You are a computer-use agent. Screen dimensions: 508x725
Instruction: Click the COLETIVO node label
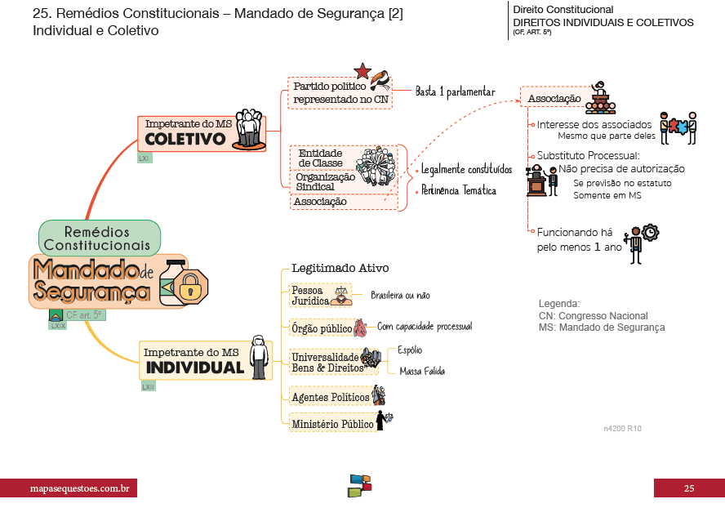click(185, 139)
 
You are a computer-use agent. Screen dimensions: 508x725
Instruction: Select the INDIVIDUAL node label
click(194, 368)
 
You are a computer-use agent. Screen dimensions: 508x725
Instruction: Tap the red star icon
click(363, 71)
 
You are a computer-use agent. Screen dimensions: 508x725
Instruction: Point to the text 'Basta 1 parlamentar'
click(455, 91)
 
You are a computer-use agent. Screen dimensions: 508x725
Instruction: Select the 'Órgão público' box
click(322, 328)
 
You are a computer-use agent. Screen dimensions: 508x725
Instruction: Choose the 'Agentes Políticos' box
click(330, 397)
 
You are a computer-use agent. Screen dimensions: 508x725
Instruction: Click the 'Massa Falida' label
click(422, 372)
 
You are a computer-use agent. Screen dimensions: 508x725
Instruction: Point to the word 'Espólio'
click(410, 350)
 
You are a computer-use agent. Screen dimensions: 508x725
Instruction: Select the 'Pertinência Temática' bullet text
click(458, 191)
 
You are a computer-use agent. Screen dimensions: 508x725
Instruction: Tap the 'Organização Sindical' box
click(325, 181)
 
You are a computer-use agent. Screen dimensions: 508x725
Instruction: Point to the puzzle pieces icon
click(678, 127)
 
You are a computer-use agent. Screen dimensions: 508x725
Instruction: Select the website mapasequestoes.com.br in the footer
click(69, 488)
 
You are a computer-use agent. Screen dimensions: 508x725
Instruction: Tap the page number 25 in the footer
click(688, 488)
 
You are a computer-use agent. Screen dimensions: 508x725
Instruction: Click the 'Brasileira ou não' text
click(400, 296)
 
